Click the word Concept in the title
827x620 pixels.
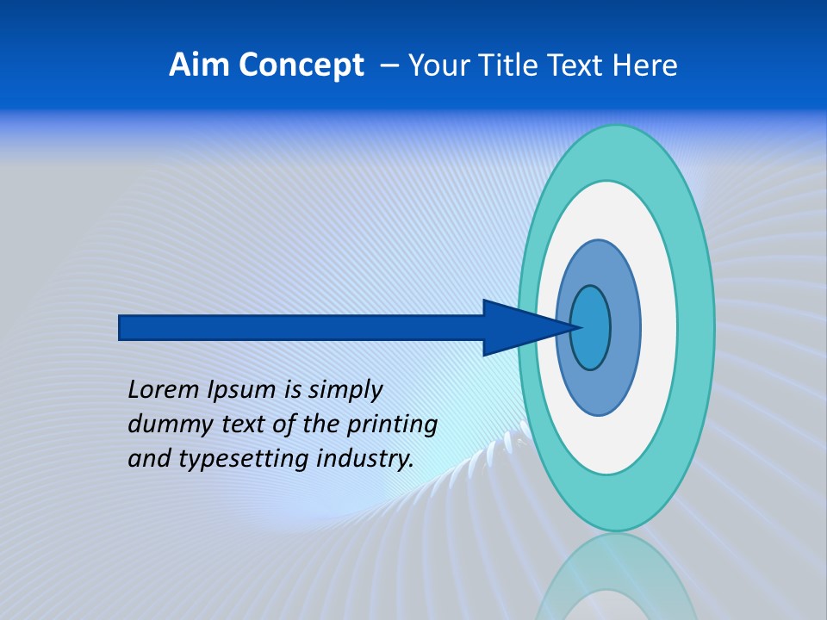[301, 65]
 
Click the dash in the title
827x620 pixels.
[389, 65]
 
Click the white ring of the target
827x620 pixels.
[658, 327]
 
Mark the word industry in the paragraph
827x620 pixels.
[365, 458]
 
